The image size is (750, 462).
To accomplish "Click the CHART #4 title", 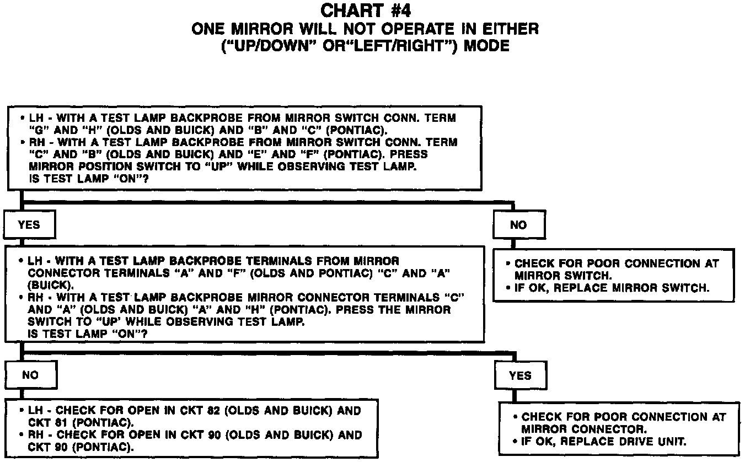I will point(365,10).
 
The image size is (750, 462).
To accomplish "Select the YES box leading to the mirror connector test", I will point(29,225).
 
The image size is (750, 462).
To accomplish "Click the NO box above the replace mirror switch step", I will point(518,225).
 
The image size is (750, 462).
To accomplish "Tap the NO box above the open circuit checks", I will point(30,375).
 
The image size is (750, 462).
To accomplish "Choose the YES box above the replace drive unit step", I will point(521,376).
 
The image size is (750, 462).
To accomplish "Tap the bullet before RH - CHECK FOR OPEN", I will point(22,434).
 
